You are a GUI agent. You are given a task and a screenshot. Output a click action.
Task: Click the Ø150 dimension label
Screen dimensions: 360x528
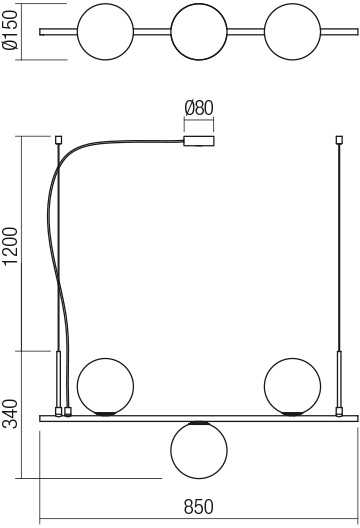10,30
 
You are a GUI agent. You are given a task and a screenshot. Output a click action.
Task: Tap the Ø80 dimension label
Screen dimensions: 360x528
199,108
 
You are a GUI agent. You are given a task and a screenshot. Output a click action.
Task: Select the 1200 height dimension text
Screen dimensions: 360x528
10,245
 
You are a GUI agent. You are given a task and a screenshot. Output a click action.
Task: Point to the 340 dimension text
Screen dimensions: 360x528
10,414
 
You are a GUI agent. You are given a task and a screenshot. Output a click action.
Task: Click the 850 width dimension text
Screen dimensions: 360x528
199,506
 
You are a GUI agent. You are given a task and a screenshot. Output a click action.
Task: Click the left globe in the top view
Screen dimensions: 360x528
105,32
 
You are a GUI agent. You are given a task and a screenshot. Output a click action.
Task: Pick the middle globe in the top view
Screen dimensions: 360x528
199,32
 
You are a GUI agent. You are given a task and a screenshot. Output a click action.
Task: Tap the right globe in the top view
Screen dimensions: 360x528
292,32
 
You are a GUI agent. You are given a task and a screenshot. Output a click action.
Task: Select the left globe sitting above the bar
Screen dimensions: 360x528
105,387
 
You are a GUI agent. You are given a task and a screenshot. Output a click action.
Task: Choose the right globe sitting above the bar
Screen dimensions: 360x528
292,387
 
